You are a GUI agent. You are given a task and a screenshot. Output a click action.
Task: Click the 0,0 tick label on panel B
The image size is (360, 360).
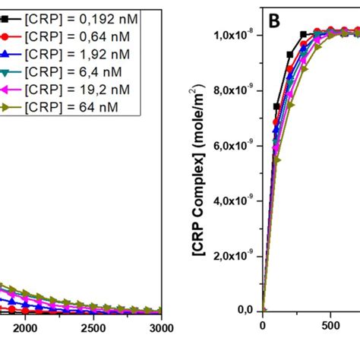[245, 310]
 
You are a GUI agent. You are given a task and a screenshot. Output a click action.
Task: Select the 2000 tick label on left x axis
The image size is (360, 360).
[25, 327]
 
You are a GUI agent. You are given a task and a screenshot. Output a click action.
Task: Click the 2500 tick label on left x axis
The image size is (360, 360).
[93, 327]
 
